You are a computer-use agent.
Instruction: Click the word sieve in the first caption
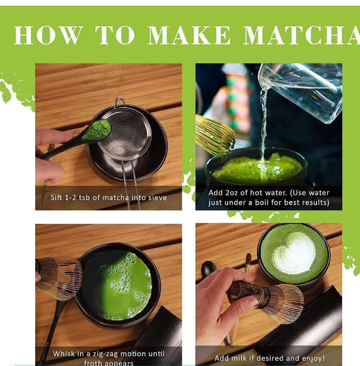click(x=156, y=198)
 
